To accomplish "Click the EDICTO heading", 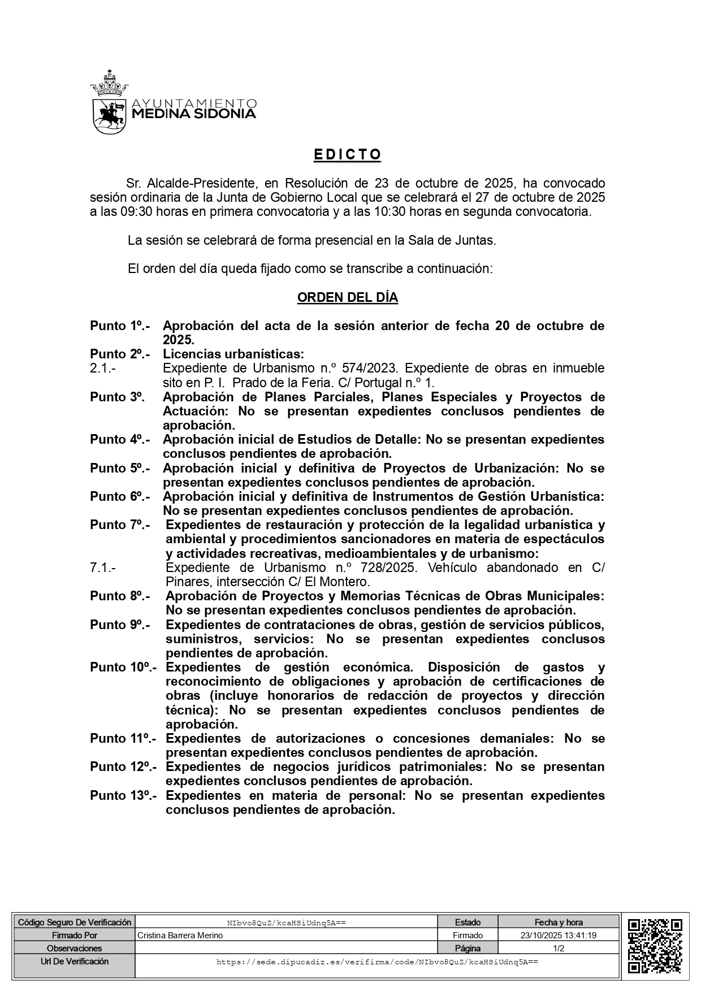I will coord(348,154).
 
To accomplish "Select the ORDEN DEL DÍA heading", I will coord(347,297).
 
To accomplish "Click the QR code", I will coord(655,946).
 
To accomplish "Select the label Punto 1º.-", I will coord(119,326).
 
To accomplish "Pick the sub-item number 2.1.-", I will coord(102,369).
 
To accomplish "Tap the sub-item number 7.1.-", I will coord(102,568).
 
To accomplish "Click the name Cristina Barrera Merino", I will coord(180,935).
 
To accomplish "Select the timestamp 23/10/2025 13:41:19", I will coord(558,935).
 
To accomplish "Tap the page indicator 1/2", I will coord(558,948).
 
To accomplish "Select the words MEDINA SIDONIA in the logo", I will coord(193,114).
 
